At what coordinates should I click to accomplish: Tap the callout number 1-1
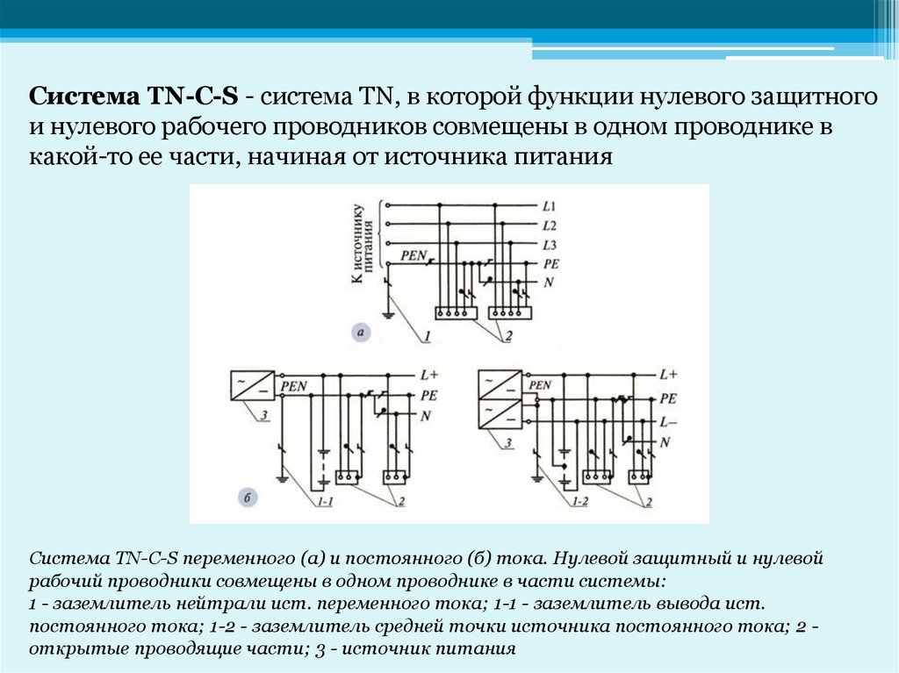[x=326, y=502]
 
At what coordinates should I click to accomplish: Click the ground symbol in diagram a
[x=387, y=313]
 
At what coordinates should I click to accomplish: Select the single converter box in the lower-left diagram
[x=247, y=386]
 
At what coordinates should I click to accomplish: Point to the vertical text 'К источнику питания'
[x=364, y=245]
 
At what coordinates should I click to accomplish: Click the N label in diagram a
[x=549, y=283]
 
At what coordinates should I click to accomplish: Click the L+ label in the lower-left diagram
[x=428, y=375]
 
